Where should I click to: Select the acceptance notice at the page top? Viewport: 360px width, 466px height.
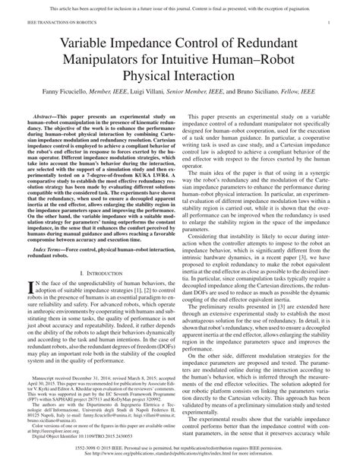coord(179,7)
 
